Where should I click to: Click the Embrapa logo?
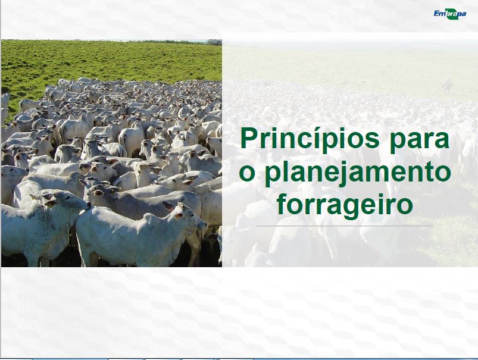(449, 14)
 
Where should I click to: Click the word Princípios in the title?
(310, 139)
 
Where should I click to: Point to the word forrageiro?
(345, 205)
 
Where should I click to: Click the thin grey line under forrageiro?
(345, 226)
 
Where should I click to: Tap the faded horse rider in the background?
(447, 84)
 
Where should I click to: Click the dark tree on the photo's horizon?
(215, 42)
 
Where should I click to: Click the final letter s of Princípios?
(371, 140)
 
